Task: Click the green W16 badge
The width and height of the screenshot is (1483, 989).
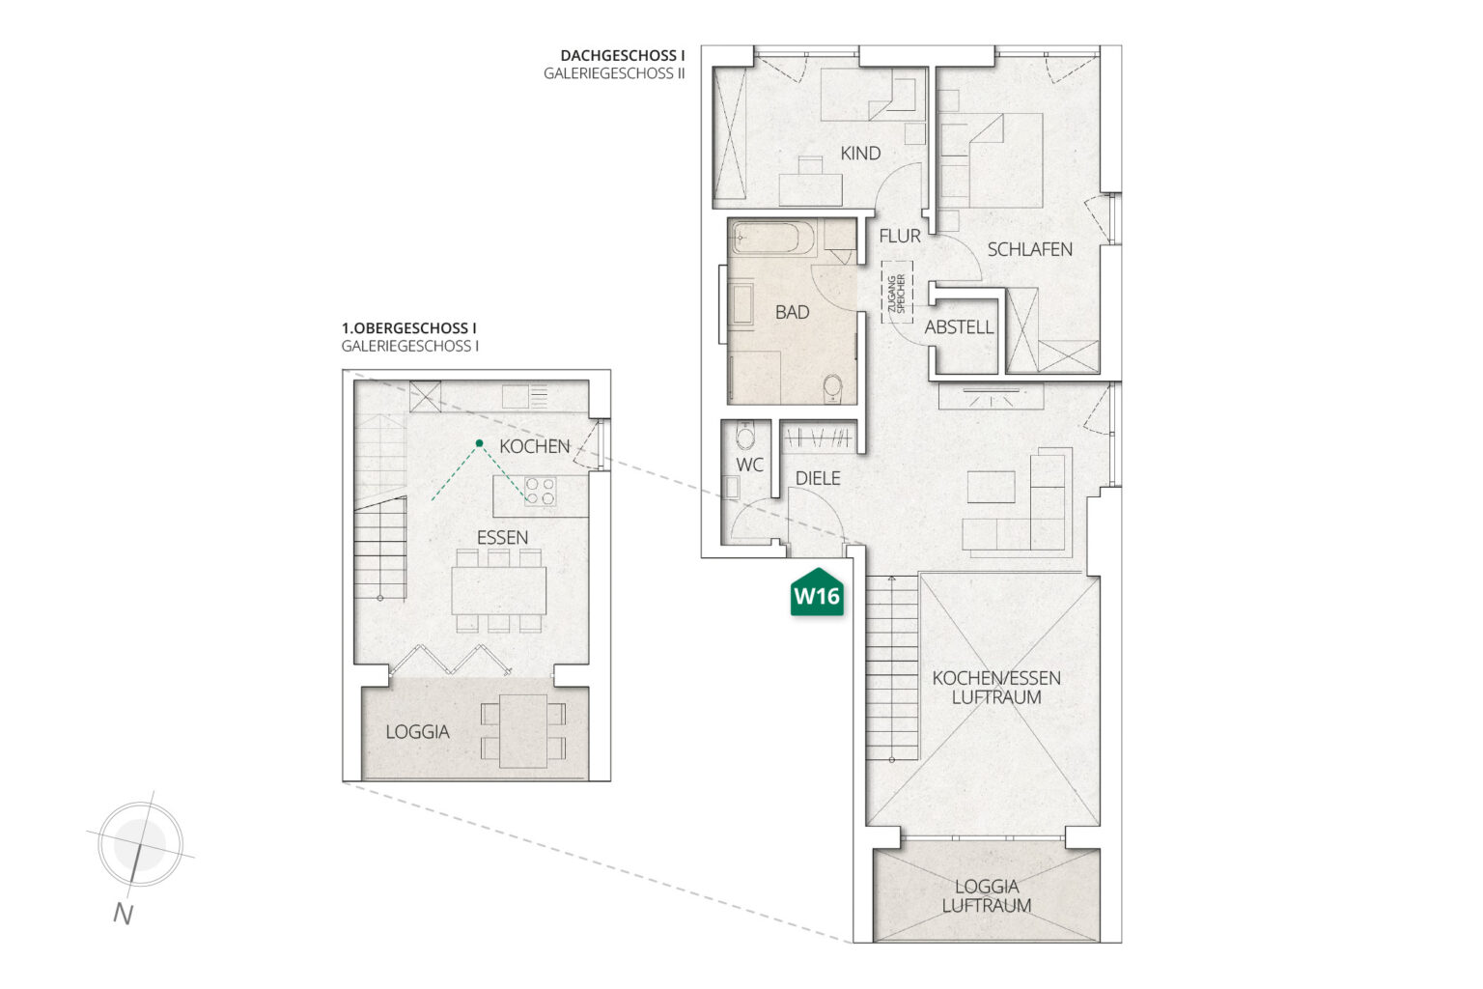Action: [x=817, y=592]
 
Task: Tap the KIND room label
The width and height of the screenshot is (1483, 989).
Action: [x=860, y=154]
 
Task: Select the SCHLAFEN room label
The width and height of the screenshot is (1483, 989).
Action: [x=1029, y=250]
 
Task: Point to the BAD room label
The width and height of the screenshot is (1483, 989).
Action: [x=792, y=312]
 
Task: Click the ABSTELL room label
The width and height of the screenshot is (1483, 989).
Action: [x=959, y=327]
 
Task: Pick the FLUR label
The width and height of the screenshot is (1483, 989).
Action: [x=900, y=236]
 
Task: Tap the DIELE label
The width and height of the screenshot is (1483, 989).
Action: [x=818, y=478]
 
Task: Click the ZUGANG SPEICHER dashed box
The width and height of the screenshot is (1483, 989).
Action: [x=897, y=292]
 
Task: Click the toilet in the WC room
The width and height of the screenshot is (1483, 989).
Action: [x=745, y=437]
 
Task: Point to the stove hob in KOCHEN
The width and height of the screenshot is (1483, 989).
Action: [x=540, y=491]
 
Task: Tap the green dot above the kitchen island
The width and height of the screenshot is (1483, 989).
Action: [x=479, y=443]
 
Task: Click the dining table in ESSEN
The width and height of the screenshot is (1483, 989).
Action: [x=499, y=590]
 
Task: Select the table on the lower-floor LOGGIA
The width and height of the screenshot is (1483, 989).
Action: [x=523, y=731]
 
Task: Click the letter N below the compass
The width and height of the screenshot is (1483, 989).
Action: [x=124, y=914]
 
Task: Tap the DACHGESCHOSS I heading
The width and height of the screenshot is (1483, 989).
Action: [x=623, y=56]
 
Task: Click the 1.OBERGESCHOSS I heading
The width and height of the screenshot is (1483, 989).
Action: [x=409, y=328]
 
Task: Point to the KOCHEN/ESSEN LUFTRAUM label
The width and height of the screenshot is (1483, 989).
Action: [x=996, y=688]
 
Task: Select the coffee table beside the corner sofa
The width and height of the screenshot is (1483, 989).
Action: [x=992, y=487]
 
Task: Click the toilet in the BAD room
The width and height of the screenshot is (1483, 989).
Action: [x=832, y=388]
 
